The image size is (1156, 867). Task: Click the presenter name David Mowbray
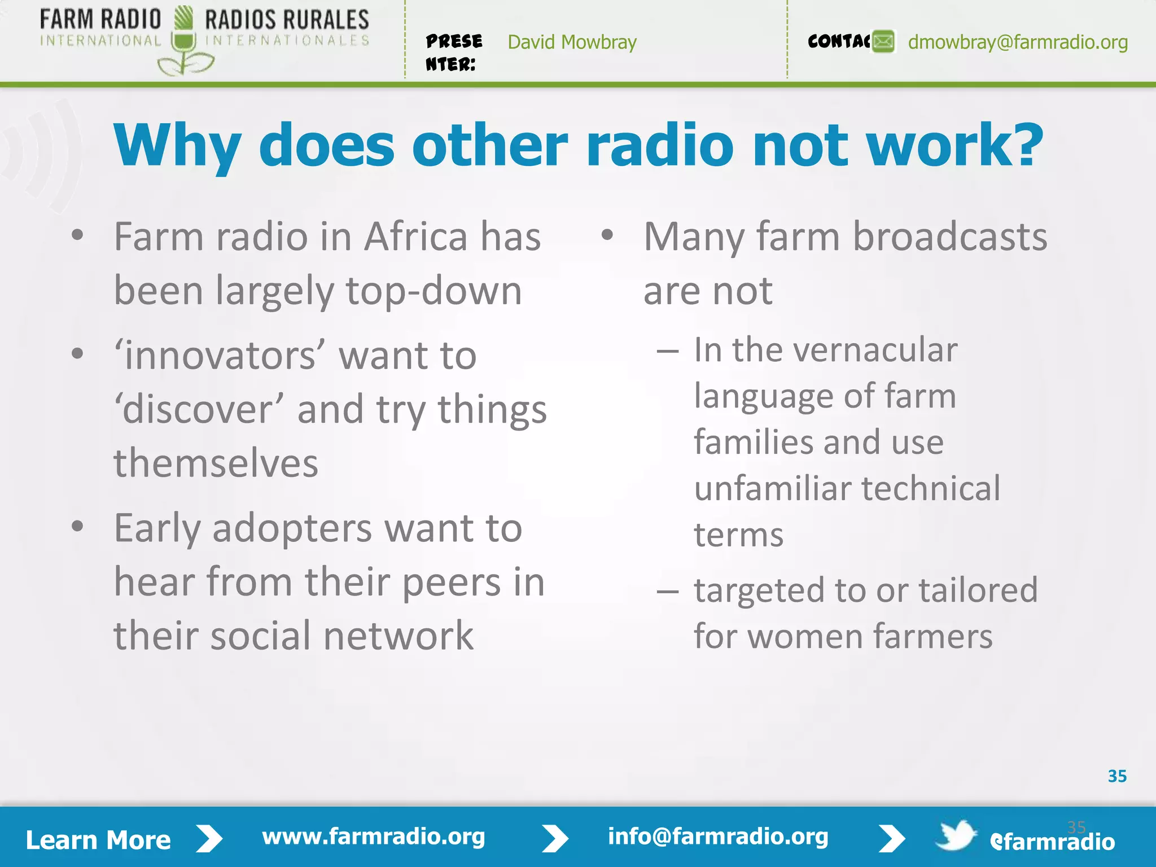572,42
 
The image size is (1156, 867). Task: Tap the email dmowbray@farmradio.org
1018,42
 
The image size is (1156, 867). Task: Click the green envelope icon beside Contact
883,42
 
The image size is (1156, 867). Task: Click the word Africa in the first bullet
415,237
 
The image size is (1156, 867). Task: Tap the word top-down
433,291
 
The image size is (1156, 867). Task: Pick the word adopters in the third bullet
292,529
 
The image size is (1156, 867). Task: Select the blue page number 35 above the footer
1117,776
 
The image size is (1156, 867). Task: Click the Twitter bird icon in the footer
956,835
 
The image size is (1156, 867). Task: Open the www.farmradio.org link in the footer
373,837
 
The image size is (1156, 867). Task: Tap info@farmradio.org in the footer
717,837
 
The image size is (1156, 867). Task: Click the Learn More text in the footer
98,840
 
